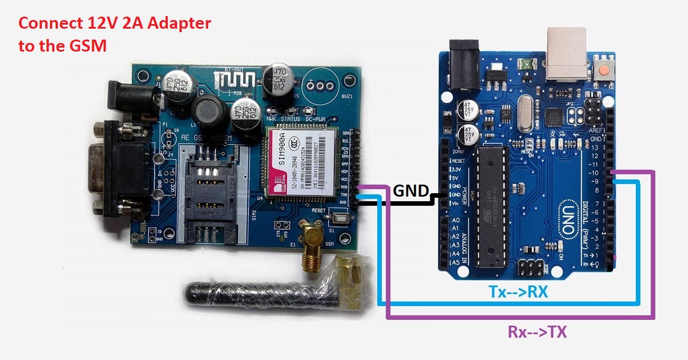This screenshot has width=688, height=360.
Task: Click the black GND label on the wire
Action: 411,191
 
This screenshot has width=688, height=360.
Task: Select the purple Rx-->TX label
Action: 537,331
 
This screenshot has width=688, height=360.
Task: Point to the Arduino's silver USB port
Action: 566,54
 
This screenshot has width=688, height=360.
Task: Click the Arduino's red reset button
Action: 604,71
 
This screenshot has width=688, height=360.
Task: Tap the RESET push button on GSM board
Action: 341,219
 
